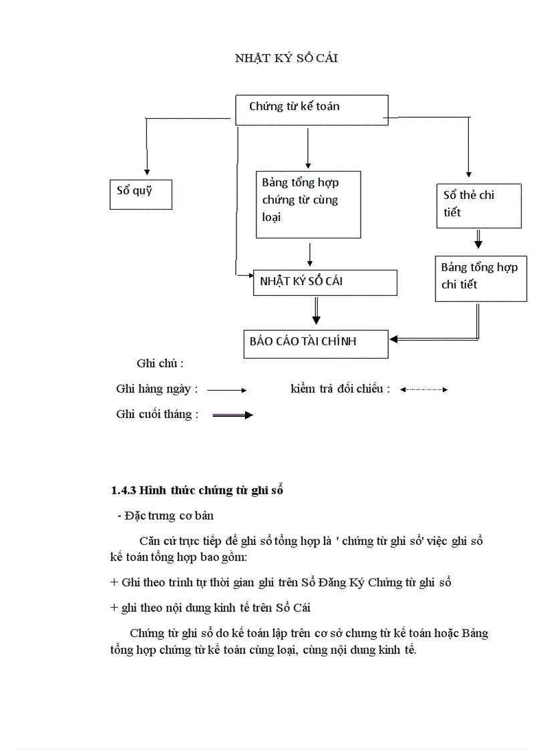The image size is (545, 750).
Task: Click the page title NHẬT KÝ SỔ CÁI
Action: (287, 58)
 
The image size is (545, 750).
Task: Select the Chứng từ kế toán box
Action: (311, 110)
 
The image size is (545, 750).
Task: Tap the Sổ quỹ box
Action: (141, 194)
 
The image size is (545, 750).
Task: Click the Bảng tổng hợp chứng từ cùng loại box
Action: (308, 204)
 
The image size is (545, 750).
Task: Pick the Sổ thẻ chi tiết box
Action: (478, 205)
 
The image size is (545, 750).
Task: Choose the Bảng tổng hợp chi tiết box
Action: (480, 277)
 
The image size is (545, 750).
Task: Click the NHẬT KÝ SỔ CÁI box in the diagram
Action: (325, 283)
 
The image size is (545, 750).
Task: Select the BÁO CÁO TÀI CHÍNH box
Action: (315, 343)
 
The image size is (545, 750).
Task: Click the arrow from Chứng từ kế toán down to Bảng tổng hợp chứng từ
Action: (308, 147)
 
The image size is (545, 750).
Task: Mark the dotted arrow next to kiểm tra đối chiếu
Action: (423, 389)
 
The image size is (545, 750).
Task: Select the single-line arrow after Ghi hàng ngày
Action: (227, 390)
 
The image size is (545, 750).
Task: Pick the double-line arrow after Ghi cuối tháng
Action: (232, 415)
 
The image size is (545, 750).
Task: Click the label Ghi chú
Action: (160, 364)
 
